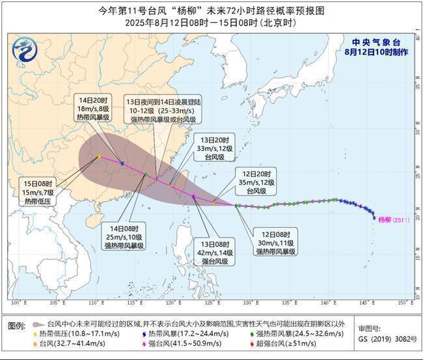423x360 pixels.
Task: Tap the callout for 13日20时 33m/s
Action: coord(212,148)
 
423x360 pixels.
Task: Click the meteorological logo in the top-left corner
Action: coord(25,49)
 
